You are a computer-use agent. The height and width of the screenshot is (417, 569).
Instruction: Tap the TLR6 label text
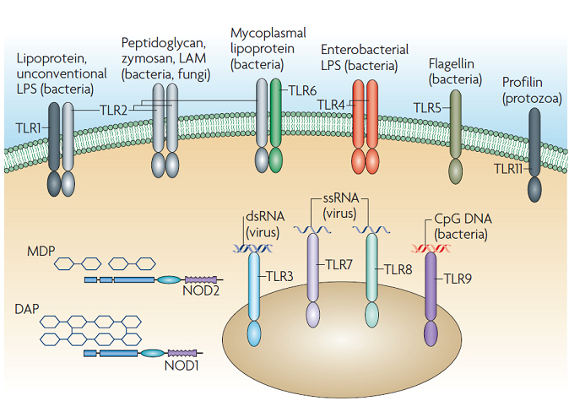click(x=303, y=89)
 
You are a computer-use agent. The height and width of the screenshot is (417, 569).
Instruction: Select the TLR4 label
click(x=331, y=104)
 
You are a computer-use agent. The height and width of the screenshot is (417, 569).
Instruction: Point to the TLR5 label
click(x=426, y=107)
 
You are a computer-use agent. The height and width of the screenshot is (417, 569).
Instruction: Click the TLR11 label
click(x=508, y=169)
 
